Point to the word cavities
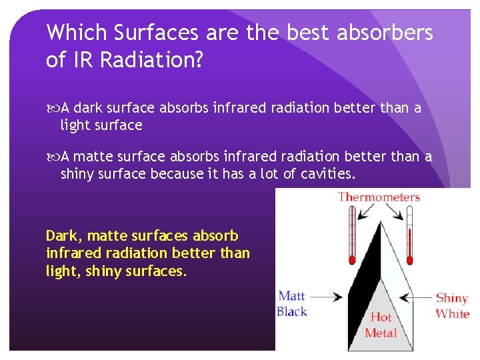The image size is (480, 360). [327, 174]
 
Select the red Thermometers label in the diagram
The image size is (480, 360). [379, 197]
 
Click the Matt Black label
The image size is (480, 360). [292, 304]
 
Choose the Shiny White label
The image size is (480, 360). [452, 306]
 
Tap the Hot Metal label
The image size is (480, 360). [381, 325]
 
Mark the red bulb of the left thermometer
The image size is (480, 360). [351, 258]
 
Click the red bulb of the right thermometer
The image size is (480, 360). [410, 258]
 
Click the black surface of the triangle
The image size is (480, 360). [365, 273]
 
